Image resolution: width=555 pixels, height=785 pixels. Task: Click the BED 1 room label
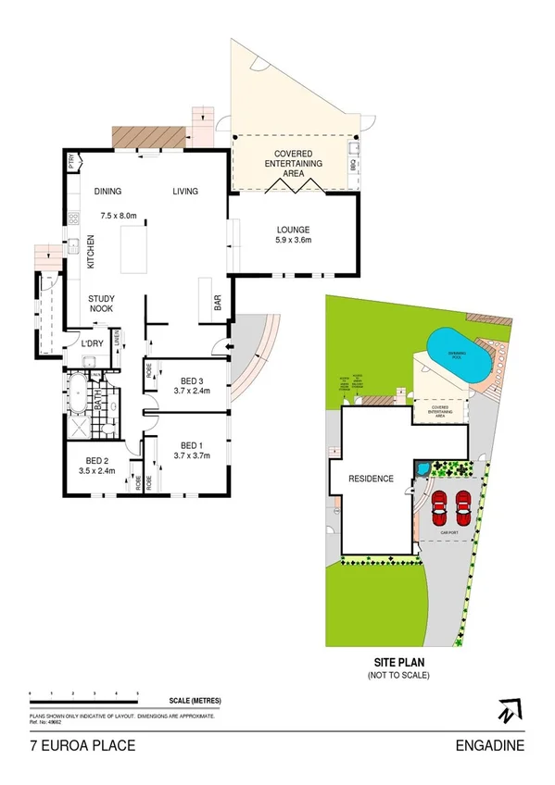click(x=192, y=443)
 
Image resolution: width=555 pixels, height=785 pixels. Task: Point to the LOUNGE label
click(x=293, y=230)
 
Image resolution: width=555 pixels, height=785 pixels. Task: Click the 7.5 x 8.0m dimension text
click(x=119, y=216)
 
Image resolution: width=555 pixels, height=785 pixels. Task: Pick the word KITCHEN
click(x=91, y=252)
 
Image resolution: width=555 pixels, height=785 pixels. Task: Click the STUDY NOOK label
click(x=101, y=303)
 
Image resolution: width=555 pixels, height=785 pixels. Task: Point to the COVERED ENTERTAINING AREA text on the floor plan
click(x=293, y=163)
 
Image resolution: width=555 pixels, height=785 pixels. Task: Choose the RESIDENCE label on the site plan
click(x=371, y=479)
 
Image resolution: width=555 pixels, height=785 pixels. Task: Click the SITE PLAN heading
click(x=398, y=663)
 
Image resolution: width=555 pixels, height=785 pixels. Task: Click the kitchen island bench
click(x=136, y=251)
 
